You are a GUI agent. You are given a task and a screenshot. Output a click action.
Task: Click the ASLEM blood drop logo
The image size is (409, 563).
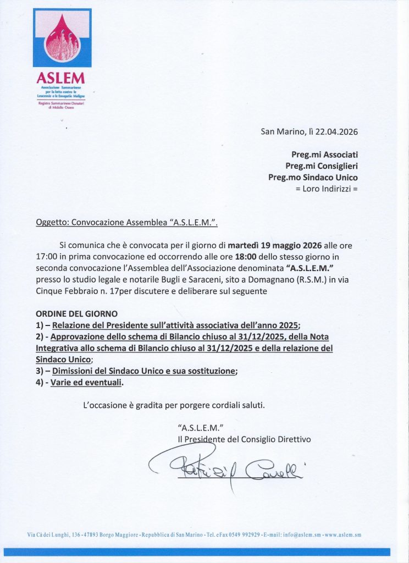pyautogui.click(x=62, y=37)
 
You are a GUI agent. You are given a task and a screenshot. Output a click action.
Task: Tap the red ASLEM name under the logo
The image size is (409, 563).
pyautogui.click(x=62, y=78)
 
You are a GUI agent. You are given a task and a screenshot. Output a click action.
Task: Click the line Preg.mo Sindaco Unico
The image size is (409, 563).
pyautogui.click(x=313, y=177)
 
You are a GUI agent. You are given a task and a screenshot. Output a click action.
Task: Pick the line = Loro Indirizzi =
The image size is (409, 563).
pyautogui.click(x=327, y=189)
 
